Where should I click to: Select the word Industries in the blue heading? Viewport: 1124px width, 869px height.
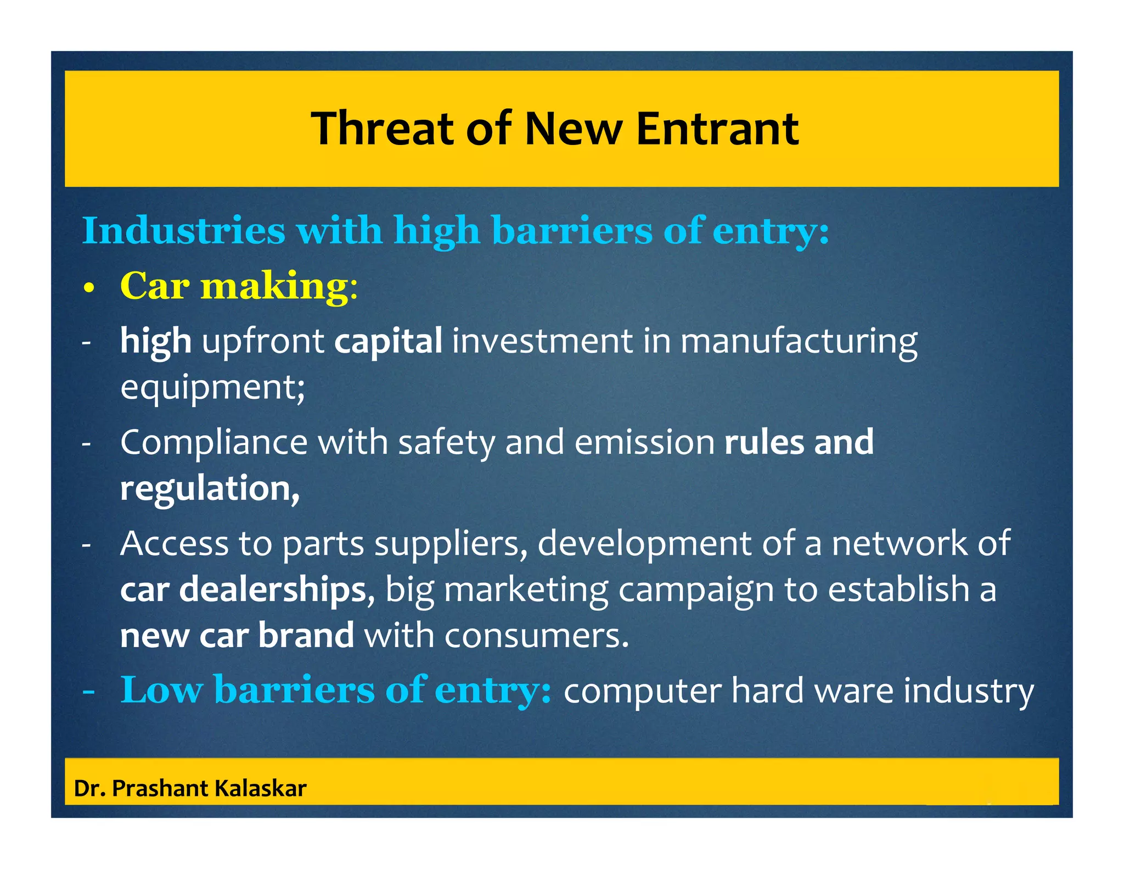184,230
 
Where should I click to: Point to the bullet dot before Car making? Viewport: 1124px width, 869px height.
89,288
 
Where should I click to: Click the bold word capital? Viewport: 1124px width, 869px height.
388,341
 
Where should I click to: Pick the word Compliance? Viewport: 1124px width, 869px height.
213,443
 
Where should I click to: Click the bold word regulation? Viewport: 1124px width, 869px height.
210,489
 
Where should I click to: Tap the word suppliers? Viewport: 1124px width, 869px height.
451,544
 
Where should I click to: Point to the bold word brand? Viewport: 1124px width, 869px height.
306,636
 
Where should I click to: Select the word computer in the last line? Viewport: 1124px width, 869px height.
642,691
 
